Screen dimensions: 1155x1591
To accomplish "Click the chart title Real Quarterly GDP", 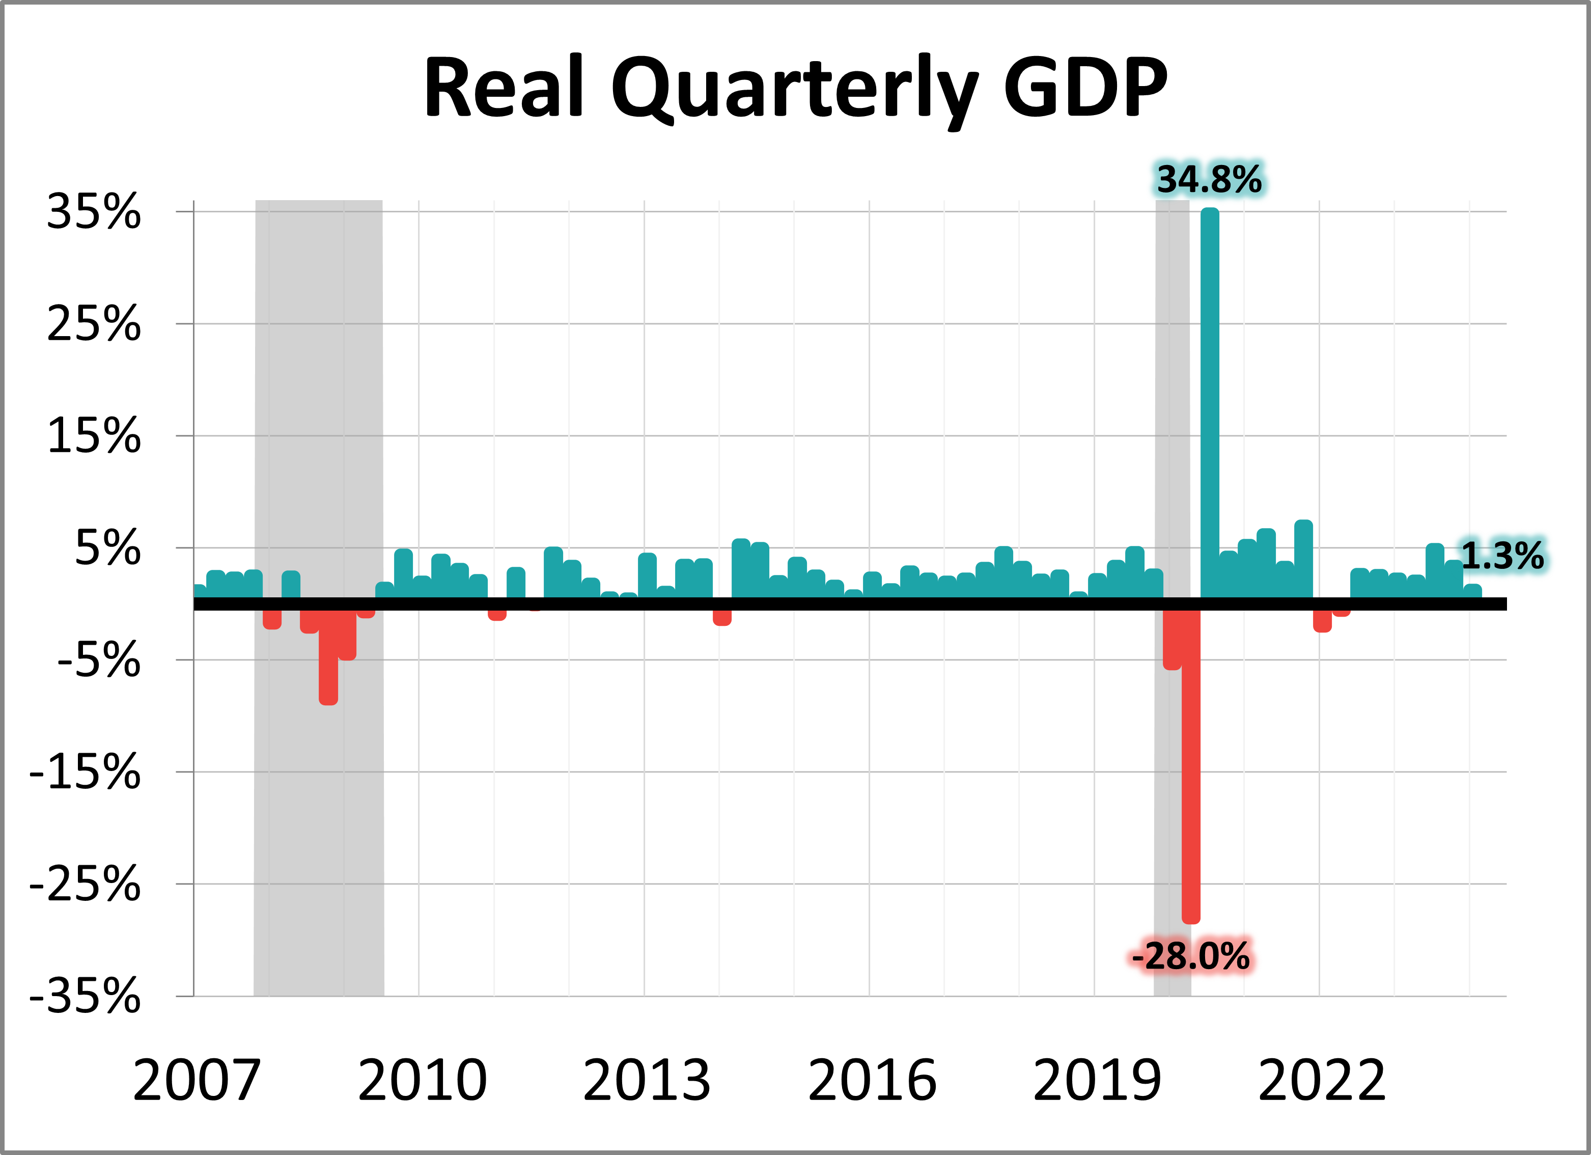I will pos(795,88).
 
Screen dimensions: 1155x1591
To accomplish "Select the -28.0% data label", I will pos(1190,956).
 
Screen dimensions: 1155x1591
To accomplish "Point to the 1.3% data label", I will pos(1502,556).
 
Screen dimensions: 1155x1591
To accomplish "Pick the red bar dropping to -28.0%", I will pos(1190,765).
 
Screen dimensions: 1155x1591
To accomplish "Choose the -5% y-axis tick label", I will pos(99,661).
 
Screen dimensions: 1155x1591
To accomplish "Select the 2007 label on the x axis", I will pos(197,1080).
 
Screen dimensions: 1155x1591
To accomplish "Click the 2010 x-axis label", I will pos(422,1080).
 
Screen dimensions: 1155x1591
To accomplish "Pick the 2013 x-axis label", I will pos(647,1080).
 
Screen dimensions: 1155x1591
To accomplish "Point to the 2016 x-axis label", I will pos(872,1080).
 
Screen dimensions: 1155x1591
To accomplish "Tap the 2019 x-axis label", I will pos(1097,1080).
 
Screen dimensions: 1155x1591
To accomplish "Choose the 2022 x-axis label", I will pos(1322,1080).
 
